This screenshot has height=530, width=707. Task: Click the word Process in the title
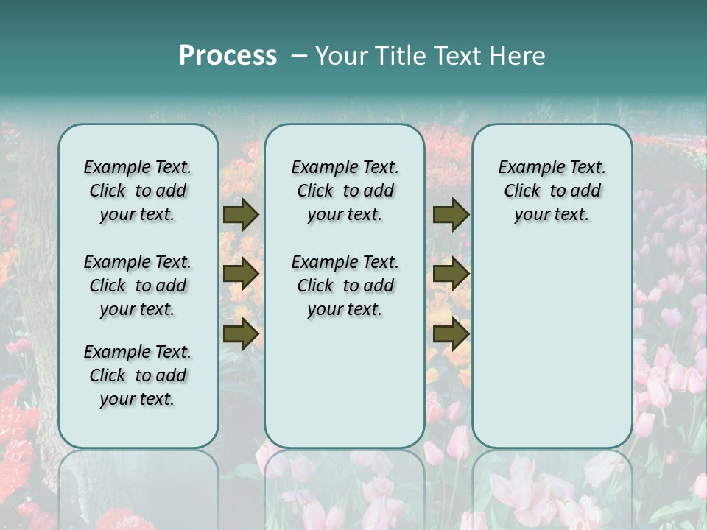(228, 56)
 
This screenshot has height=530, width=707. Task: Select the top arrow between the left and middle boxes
(241, 215)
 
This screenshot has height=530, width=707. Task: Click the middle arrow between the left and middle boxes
(241, 275)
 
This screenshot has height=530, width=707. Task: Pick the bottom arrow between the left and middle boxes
(241, 333)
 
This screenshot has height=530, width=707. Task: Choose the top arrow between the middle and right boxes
(451, 215)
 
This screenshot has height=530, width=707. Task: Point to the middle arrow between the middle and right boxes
(451, 275)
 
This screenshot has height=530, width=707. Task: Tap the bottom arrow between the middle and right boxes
(451, 333)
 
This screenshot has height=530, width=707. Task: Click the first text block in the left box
(138, 191)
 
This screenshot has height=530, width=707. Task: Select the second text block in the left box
(138, 286)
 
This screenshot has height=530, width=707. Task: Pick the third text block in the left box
(138, 375)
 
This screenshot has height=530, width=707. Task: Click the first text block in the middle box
(345, 191)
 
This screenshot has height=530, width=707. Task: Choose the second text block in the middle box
(345, 286)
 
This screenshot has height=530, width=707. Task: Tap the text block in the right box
(552, 191)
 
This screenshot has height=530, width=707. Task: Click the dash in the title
(300, 56)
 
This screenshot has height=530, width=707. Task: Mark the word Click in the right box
(522, 191)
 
